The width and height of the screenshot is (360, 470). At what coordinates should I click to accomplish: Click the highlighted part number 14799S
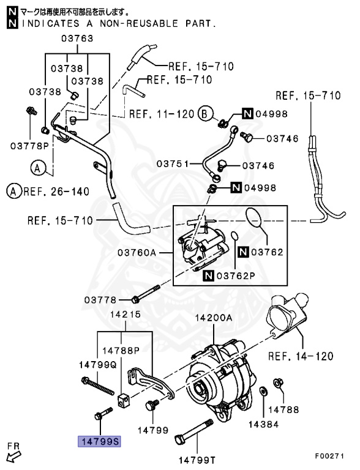click(99, 441)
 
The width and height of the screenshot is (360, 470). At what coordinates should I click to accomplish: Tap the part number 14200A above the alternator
click(214, 318)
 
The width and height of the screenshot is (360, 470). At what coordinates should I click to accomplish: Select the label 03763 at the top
click(77, 39)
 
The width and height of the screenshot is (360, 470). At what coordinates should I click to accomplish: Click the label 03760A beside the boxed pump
click(137, 253)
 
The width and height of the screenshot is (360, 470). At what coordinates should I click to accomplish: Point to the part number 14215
click(126, 315)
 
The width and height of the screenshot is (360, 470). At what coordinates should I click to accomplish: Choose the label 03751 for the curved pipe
click(173, 163)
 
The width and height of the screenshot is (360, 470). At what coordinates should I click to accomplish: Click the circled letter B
click(205, 114)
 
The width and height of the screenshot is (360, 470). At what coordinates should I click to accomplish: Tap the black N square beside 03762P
click(208, 275)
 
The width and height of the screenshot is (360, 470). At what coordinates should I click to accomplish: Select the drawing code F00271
click(329, 456)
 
